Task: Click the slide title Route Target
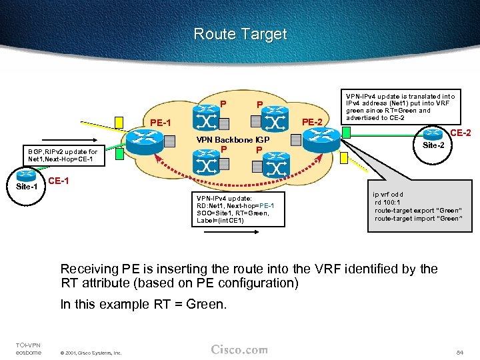tap(240, 34)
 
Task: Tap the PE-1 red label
tap(161, 123)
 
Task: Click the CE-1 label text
tap(59, 181)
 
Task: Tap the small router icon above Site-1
tap(27, 175)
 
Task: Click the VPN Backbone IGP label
tap(232, 140)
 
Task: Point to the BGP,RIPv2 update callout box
tap(62, 155)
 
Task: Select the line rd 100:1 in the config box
tap(388, 203)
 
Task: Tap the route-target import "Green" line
tap(417, 218)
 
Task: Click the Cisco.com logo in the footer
tap(239, 349)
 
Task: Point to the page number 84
tap(459, 351)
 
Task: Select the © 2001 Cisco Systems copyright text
tap(91, 352)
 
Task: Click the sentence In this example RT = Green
tap(143, 304)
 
